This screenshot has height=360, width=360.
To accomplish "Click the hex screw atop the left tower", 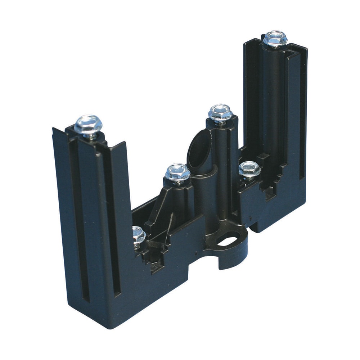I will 88,125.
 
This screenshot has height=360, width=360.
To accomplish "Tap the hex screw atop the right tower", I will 275,38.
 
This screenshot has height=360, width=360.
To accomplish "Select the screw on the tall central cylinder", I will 220,113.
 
